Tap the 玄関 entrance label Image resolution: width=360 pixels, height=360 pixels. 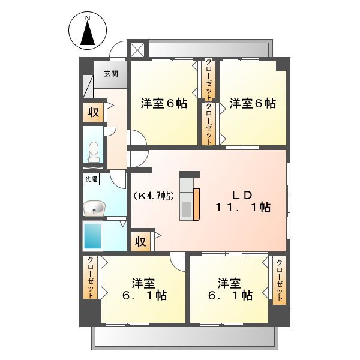[110, 74]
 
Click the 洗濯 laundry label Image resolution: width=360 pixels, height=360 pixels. [91, 179]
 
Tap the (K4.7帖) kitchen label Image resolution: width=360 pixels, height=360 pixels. [154, 196]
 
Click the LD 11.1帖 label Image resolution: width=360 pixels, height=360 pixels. [243, 202]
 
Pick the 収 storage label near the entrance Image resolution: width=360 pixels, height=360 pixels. [94, 112]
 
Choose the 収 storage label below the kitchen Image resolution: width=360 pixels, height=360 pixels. [140, 241]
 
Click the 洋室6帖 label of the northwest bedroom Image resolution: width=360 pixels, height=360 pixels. [164, 103]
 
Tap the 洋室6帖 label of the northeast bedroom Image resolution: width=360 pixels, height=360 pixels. [253, 103]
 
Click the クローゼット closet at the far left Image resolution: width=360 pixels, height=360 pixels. [91, 277]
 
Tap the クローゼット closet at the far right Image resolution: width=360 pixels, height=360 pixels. [280, 280]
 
